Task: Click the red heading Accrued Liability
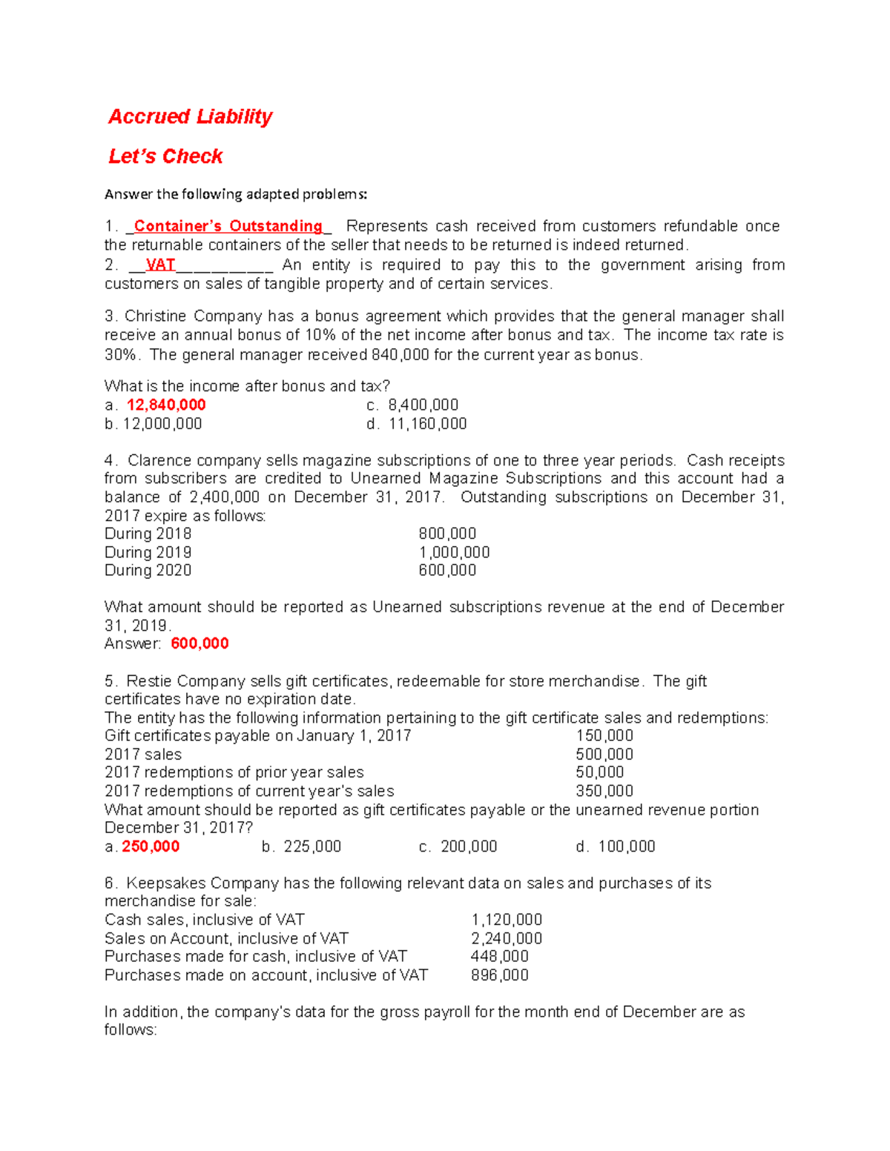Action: click(x=190, y=116)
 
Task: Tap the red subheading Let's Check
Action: click(x=165, y=156)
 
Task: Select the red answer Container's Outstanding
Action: click(x=228, y=226)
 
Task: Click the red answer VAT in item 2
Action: click(x=160, y=265)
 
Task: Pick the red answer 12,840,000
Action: click(x=166, y=405)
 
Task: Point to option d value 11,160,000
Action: click(x=427, y=424)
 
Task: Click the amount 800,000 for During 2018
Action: click(x=447, y=534)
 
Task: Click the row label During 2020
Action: click(x=148, y=570)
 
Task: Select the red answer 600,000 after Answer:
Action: click(x=200, y=643)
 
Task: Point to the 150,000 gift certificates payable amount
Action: click(x=604, y=736)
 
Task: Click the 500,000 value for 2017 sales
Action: click(x=604, y=754)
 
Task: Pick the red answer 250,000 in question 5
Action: click(x=151, y=846)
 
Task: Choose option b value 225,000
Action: click(x=312, y=846)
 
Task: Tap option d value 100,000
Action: click(x=627, y=846)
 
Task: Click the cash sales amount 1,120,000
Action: click(x=507, y=920)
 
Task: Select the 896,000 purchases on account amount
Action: click(x=500, y=975)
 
